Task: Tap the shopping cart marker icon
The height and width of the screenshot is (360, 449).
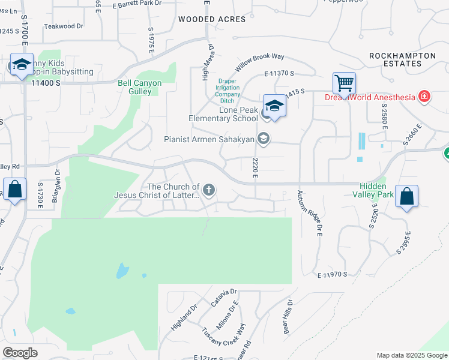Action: [345, 83]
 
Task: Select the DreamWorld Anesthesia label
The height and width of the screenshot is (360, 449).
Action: [370, 97]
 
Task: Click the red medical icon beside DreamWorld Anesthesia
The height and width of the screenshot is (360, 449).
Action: [424, 97]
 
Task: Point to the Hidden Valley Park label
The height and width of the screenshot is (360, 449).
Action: [376, 190]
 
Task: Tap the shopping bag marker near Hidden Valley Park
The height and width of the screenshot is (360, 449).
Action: [406, 196]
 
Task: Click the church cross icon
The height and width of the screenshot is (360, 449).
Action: [209, 191]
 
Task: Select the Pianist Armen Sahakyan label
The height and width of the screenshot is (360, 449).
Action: [209, 139]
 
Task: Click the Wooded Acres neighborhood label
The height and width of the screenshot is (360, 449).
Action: [212, 19]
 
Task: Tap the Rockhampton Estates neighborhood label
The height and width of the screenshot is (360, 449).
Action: [402, 59]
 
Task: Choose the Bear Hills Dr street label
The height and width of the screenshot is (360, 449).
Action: [288, 317]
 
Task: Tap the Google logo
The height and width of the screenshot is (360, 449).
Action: [20, 353]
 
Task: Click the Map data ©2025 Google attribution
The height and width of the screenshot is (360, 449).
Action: [411, 355]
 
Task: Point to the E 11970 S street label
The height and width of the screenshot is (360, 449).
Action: [333, 274]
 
